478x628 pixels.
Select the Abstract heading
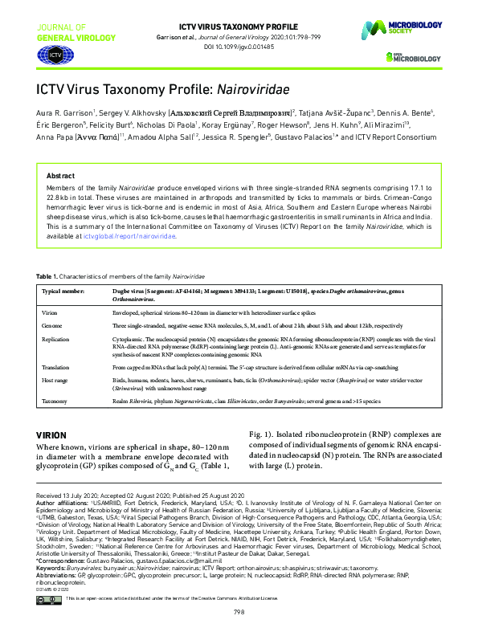pyautogui.click(x=60, y=175)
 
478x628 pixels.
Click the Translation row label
pyautogui.click(x=57, y=366)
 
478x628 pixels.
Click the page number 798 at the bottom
pyautogui.click(x=239, y=612)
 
